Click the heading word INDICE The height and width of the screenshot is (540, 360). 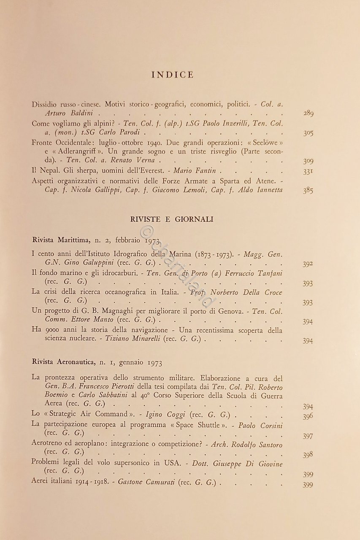click(172, 75)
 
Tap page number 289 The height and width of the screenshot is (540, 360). click(308, 114)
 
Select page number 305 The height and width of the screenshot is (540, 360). click(308, 133)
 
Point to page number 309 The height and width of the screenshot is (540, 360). click(308, 161)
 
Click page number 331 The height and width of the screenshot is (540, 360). click(308, 171)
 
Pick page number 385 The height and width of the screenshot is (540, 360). click(308, 190)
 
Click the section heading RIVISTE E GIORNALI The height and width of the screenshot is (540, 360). click(172, 219)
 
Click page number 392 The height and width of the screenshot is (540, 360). click(308, 265)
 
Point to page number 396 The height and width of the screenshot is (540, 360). click(308, 416)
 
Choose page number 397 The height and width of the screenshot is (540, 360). click(308, 436)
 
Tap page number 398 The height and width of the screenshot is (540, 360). click(308, 455)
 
